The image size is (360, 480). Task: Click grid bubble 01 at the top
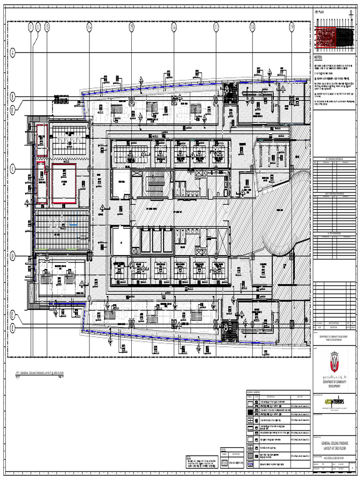point(31,27)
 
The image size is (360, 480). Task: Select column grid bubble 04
point(89,27)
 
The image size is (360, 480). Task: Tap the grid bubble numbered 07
point(216,27)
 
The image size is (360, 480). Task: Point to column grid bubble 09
point(292,27)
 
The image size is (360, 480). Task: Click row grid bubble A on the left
point(13,53)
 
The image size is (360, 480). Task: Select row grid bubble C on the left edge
point(13,168)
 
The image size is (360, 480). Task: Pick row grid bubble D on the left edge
point(13,255)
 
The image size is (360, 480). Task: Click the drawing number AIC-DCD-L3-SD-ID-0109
point(334,458)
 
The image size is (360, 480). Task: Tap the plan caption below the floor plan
point(41,374)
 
